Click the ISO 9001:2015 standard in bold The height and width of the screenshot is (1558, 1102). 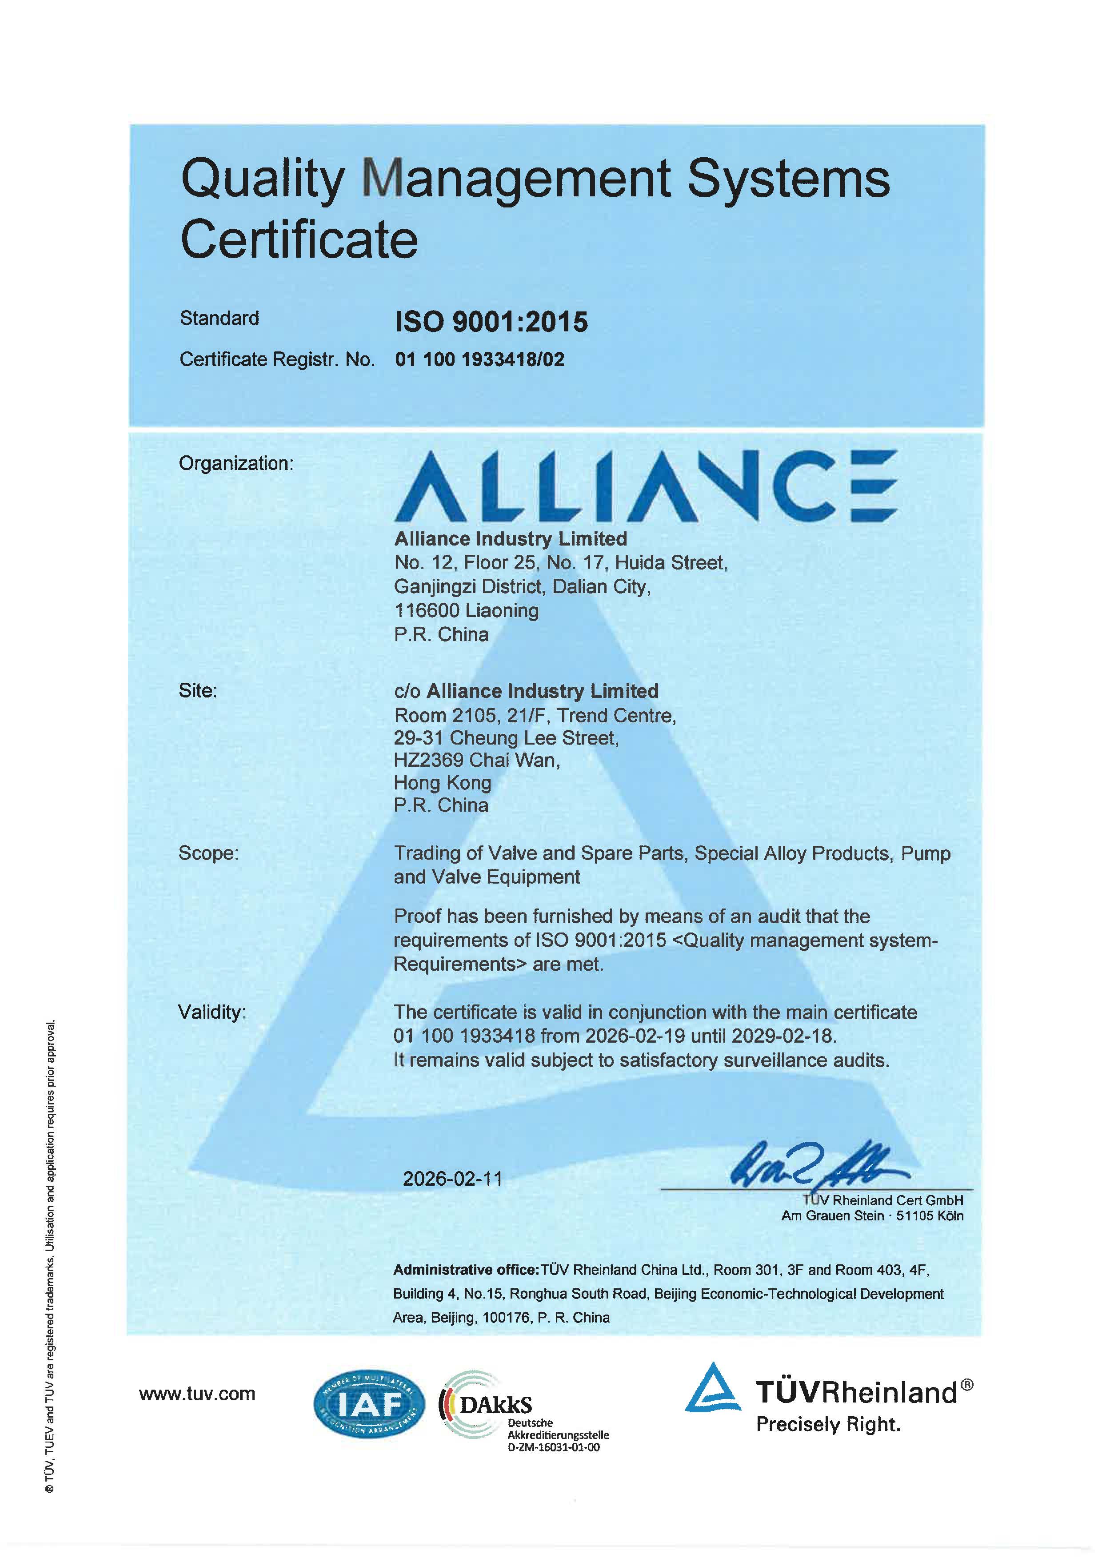pos(491,322)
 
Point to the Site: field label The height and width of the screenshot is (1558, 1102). pos(197,691)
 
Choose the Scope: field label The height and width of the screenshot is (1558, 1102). pos(208,853)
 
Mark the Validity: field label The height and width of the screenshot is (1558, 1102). pos(211,1012)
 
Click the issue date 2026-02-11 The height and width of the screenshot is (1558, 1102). pos(453,1179)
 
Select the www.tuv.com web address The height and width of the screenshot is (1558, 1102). pos(197,1394)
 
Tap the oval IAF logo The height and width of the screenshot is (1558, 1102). pos(368,1403)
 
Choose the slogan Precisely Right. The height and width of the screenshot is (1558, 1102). pos(828,1424)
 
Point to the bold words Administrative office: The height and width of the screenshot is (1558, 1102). pos(466,1270)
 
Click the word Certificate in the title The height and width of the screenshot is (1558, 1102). pos(299,239)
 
